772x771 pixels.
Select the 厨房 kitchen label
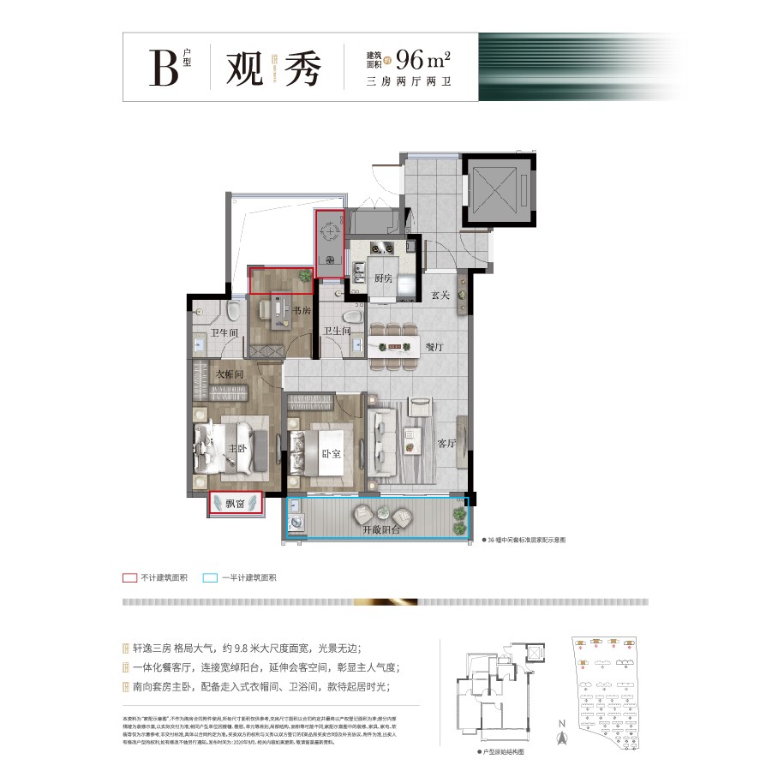[383, 279]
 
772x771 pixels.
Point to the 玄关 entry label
[440, 296]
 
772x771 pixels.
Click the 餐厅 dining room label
[434, 347]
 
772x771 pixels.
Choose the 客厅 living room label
[446, 444]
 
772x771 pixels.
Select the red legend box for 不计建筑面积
[130, 577]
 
